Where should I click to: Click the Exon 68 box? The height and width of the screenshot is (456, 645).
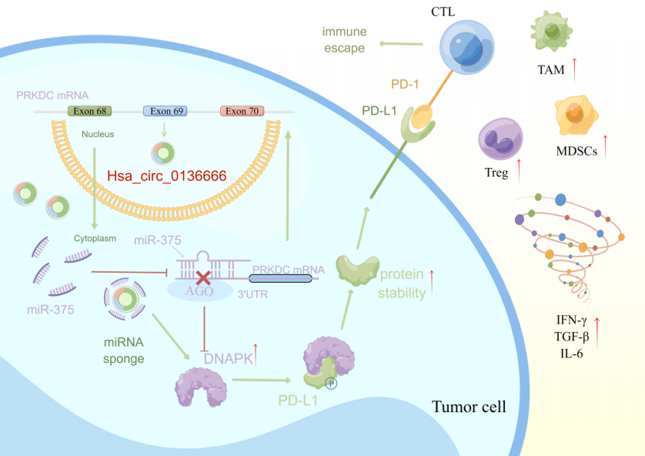point(91,111)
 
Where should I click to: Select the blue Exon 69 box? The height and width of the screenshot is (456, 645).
point(166,111)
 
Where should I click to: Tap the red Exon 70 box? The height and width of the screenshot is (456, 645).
point(242,111)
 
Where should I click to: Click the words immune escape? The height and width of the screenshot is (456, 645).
point(345,40)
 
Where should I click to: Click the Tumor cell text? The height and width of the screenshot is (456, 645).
point(468,407)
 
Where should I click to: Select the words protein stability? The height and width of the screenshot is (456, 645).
point(401,283)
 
